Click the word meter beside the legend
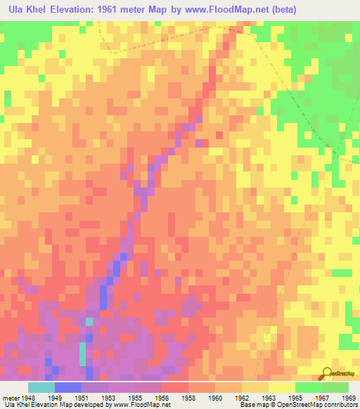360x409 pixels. (x=12, y=396)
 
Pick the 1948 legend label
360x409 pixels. (x=28, y=396)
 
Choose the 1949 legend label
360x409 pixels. (x=55, y=396)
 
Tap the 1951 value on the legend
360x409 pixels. (x=82, y=396)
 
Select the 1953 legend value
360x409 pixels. (x=108, y=396)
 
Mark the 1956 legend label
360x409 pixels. (x=162, y=396)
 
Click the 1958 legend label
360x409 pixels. (x=188, y=396)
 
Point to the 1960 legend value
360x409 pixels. (x=215, y=396)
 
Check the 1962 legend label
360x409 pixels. (x=242, y=396)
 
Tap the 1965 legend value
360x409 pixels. (x=295, y=396)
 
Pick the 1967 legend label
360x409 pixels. (x=322, y=396)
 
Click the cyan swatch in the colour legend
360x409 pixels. (x=41, y=387)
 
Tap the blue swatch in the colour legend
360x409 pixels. (x=68, y=387)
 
